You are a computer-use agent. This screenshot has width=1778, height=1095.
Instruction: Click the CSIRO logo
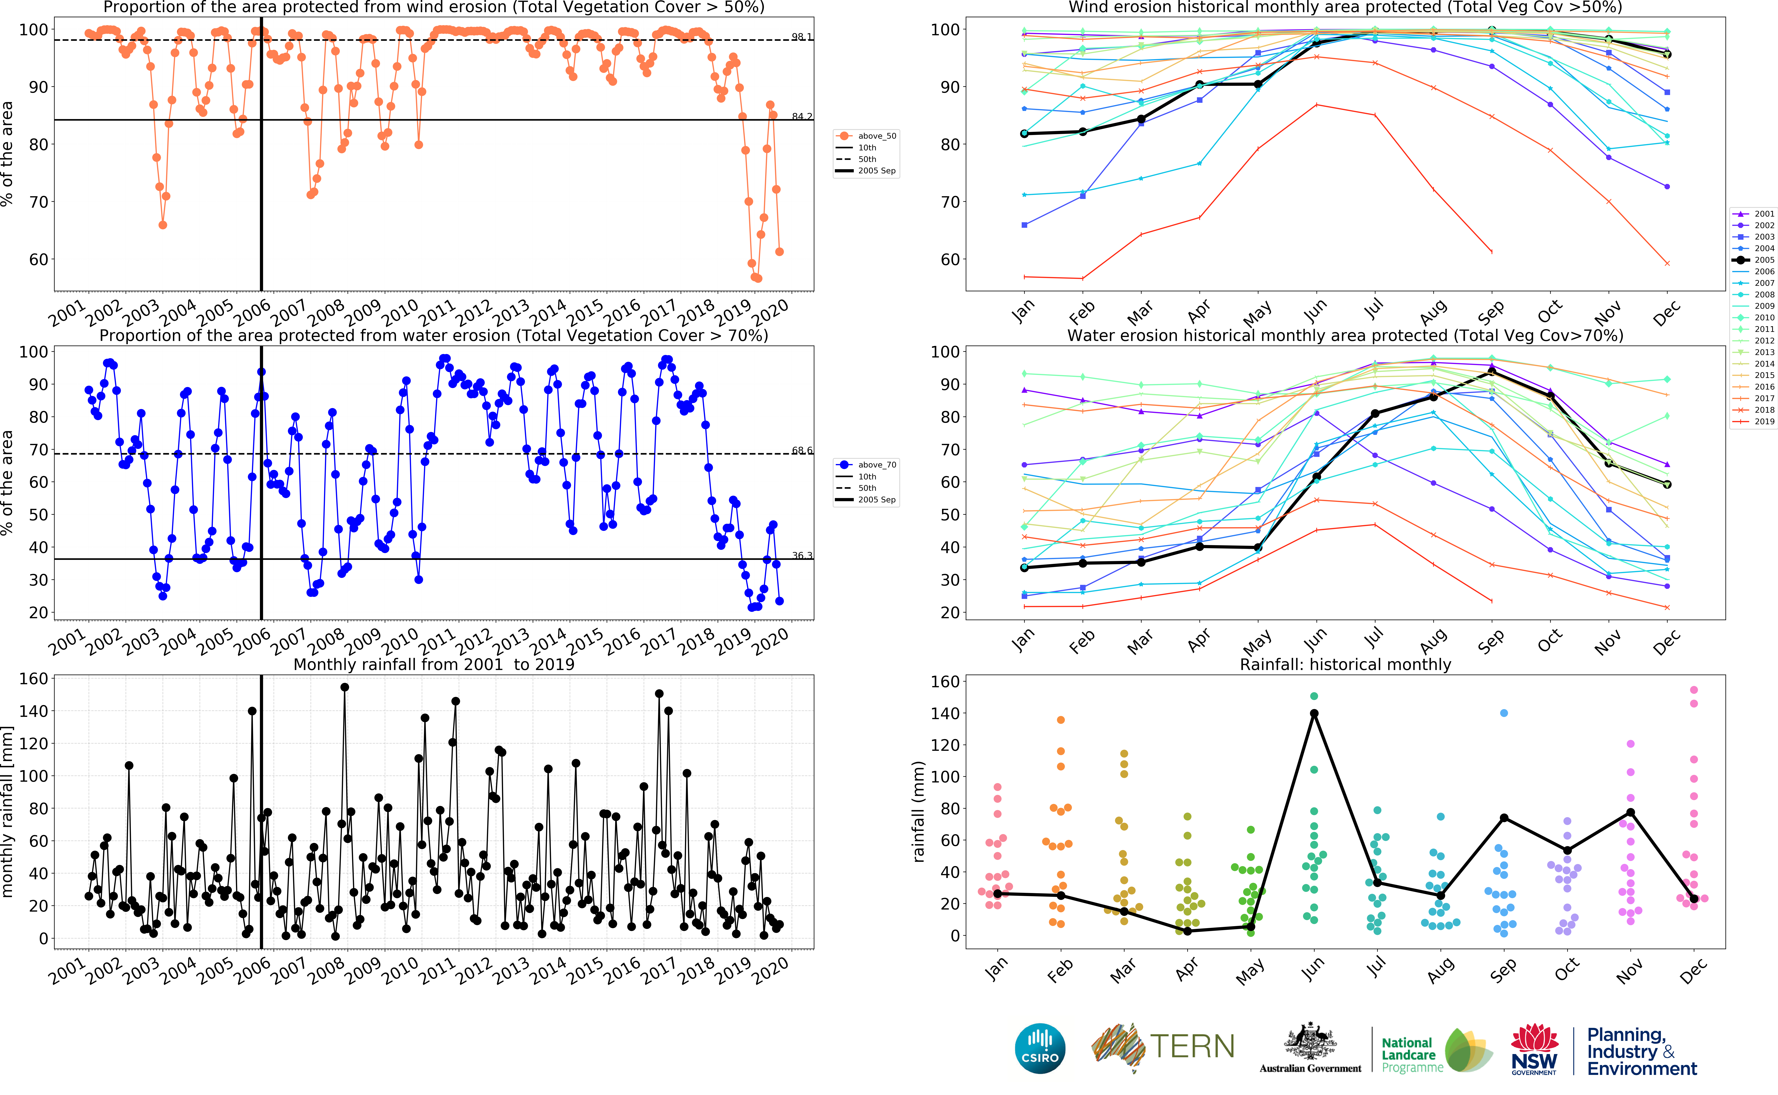point(1040,1048)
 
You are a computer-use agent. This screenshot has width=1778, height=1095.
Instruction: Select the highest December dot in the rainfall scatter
point(1693,689)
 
